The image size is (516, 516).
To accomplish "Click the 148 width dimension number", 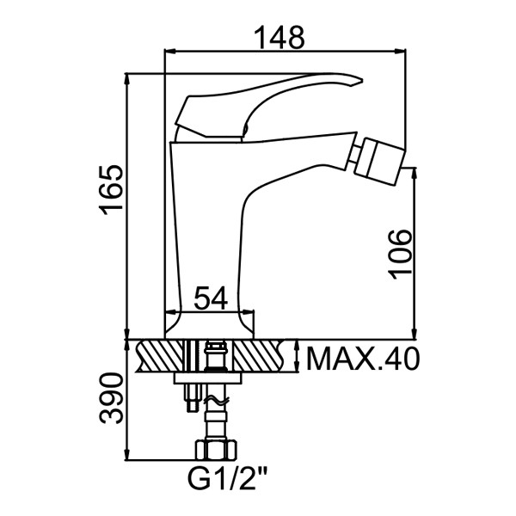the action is [x=280, y=37].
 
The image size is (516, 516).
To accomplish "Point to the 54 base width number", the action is [x=211, y=298].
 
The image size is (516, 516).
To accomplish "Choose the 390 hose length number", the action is [x=112, y=398].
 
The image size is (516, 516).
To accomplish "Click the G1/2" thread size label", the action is [x=227, y=480].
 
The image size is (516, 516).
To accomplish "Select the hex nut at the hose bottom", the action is [x=217, y=450].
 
